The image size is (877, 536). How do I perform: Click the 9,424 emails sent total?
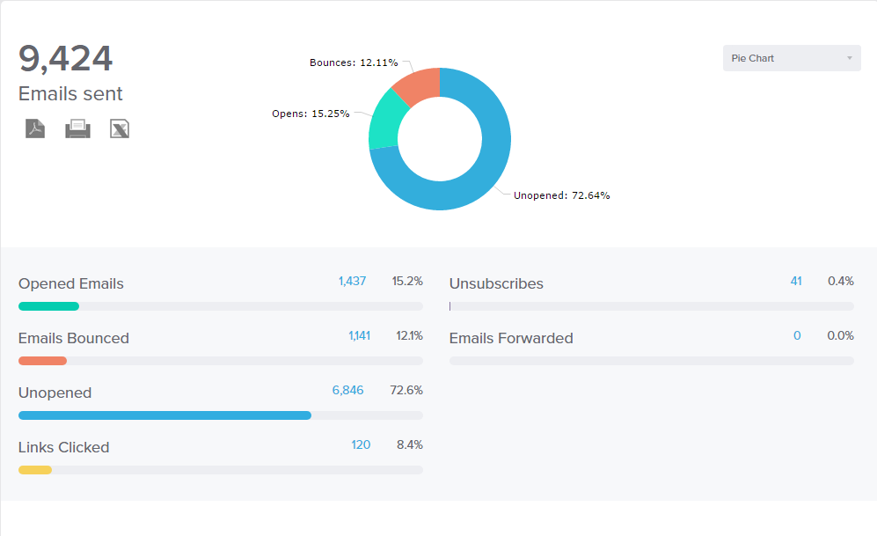pos(66,59)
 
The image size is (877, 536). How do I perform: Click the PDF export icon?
pos(34,128)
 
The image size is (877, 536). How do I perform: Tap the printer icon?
pos(77,128)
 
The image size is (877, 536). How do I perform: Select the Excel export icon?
pos(120,128)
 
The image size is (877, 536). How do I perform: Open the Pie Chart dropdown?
pos(792,58)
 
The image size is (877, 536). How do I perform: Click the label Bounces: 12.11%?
pos(354,62)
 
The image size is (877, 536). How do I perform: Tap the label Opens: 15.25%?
pos(311,114)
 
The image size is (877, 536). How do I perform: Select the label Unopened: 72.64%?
pos(561,195)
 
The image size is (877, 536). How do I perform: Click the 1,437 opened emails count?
pos(352,281)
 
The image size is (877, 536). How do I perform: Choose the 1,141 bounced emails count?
pos(359,335)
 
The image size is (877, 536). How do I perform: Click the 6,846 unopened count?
pos(347,390)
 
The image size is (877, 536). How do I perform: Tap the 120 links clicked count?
pos(361,444)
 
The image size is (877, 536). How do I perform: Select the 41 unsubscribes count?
pos(796,281)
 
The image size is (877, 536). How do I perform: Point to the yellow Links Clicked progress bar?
pos(35,470)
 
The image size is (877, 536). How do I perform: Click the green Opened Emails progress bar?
pos(48,306)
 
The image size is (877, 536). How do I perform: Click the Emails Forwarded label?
pos(511,338)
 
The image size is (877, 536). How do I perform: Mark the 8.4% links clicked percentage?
pos(410,444)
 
